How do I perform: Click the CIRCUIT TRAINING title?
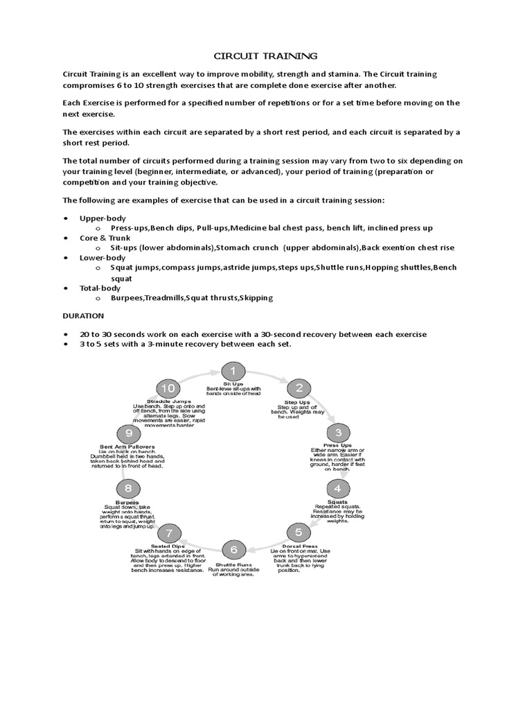pyautogui.click(x=265, y=55)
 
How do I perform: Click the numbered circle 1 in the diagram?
pyautogui.click(x=233, y=371)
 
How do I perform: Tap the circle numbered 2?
pyautogui.click(x=299, y=388)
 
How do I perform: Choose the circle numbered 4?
pyautogui.click(x=339, y=488)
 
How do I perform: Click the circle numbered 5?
pyautogui.click(x=299, y=532)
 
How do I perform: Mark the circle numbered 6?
pyautogui.click(x=234, y=549)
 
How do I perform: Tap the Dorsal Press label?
pyautogui.click(x=299, y=546)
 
